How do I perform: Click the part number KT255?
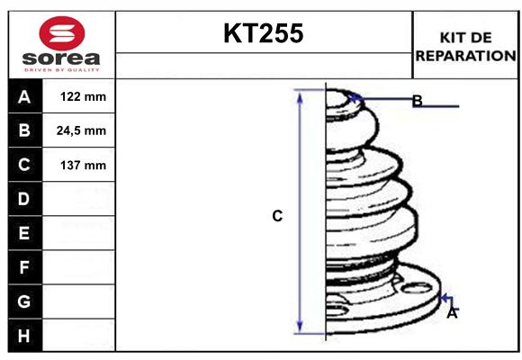[263, 34]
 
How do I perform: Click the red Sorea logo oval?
[61, 34]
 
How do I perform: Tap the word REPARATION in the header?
[464, 55]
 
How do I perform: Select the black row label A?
[24, 97]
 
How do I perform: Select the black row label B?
[24, 131]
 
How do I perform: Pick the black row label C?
[24, 166]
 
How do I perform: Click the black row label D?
[24, 199]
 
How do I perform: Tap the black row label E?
[24, 234]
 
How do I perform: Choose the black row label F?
[24, 267]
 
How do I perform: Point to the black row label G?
[24, 302]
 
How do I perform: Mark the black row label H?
[24, 336]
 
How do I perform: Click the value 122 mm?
[82, 97]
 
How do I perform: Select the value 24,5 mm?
[82, 131]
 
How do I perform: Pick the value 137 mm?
[82, 166]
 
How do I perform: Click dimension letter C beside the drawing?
[277, 216]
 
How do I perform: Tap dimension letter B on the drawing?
[417, 101]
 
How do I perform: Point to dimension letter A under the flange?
[452, 313]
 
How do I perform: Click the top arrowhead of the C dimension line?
[301, 96]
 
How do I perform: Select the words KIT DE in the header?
[464, 37]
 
